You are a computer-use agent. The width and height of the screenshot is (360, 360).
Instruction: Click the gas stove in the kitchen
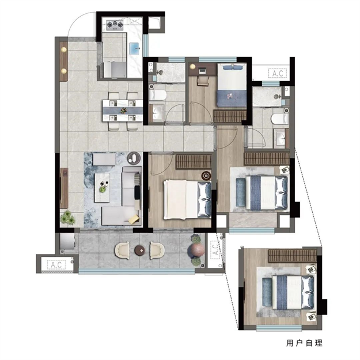(x=115, y=25)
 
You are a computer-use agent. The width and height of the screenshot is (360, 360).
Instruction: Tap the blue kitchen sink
(x=135, y=49)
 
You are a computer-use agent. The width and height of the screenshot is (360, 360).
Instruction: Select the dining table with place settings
(x=123, y=111)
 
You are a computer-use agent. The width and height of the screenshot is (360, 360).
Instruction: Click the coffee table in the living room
(x=103, y=188)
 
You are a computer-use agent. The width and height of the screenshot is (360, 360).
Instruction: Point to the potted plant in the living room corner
(x=68, y=217)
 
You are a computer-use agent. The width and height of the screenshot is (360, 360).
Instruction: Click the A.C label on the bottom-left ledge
(x=56, y=265)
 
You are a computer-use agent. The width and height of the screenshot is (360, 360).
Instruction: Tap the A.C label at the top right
(x=278, y=73)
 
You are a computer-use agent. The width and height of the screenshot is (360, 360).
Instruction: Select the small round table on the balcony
(x=139, y=250)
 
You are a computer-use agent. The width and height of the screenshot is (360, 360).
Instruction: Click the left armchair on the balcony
(x=122, y=251)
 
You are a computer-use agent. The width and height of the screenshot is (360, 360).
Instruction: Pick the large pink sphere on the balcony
(x=196, y=249)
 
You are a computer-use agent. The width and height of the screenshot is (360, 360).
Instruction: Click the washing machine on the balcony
(x=67, y=241)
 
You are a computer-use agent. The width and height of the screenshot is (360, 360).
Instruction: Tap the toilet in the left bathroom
(x=157, y=95)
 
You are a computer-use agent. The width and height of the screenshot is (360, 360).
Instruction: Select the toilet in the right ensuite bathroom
(x=280, y=119)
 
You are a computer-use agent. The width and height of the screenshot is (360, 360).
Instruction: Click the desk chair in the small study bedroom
(x=203, y=81)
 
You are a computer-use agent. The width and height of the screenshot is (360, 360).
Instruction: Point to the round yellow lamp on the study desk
(x=192, y=67)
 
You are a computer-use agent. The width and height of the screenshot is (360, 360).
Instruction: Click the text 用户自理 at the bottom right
(x=304, y=343)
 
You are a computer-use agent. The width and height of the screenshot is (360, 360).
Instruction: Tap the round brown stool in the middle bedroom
(x=206, y=176)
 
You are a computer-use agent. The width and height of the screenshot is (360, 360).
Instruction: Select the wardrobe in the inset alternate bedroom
(x=292, y=256)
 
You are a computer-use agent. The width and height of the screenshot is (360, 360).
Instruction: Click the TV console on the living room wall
(x=64, y=188)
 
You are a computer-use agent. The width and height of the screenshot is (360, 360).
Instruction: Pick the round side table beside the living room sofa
(x=134, y=158)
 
